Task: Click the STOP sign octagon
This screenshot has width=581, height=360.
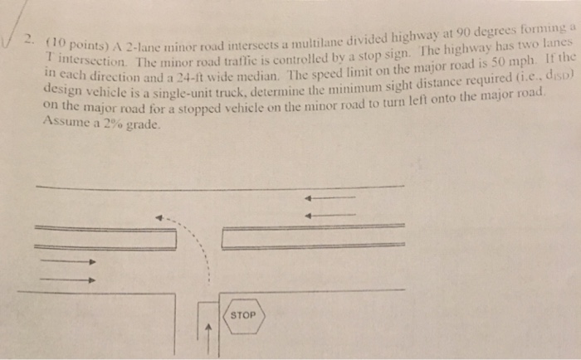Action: tap(242, 316)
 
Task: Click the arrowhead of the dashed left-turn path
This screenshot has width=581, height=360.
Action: tap(161, 218)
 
